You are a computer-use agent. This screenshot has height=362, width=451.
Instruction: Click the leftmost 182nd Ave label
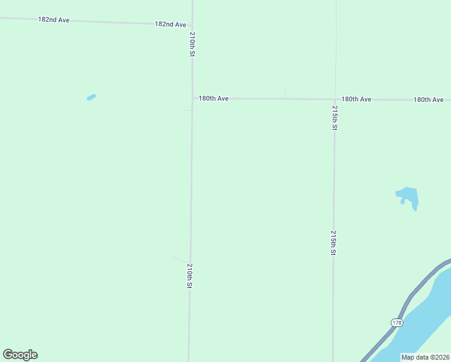click(54, 20)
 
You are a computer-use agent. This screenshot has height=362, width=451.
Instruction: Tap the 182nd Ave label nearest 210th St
click(171, 24)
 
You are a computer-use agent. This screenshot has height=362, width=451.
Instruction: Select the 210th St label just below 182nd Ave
click(192, 44)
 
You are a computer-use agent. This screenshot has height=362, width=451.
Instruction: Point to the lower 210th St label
click(189, 275)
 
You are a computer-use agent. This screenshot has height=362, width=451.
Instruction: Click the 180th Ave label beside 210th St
click(214, 98)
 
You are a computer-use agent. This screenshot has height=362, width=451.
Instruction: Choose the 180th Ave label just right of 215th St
click(356, 99)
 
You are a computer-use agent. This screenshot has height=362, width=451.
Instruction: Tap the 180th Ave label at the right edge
click(428, 100)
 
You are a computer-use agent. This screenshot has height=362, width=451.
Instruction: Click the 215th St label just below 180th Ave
click(334, 118)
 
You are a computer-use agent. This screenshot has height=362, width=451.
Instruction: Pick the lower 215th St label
click(333, 242)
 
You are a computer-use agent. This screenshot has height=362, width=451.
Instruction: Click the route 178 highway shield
click(396, 323)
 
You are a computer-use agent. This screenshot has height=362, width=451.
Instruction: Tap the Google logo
click(20, 355)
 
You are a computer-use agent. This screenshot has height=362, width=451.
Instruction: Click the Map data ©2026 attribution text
click(425, 357)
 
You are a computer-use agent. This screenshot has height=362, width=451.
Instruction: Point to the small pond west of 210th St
click(91, 97)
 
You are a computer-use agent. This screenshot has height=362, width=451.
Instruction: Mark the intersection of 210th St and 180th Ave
click(192, 98)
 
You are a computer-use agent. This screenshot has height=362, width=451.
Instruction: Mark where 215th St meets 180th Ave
click(334, 99)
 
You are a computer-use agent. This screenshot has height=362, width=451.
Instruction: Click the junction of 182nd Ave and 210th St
click(192, 25)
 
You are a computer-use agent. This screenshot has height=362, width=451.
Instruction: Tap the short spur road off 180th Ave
click(285, 92)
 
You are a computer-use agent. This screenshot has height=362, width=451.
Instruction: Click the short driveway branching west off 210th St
click(179, 258)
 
